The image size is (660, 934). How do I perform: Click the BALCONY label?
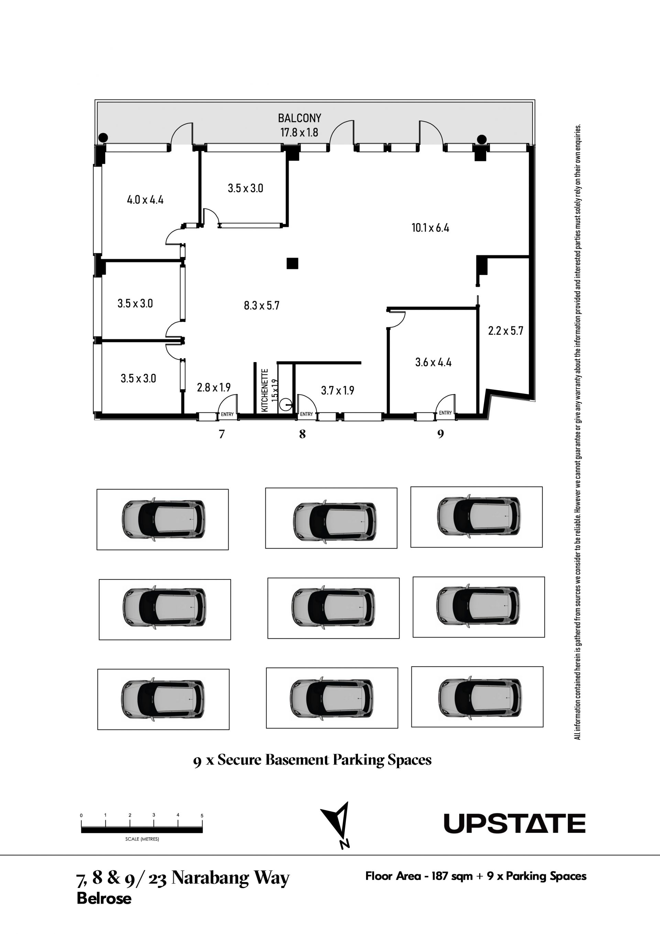click(299, 118)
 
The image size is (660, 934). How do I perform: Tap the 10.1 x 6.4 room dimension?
click(430, 228)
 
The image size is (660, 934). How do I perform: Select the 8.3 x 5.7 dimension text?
click(262, 305)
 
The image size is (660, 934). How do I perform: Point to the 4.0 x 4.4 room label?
click(145, 200)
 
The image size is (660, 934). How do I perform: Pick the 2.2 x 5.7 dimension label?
click(505, 331)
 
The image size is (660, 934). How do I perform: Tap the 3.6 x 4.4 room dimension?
click(433, 362)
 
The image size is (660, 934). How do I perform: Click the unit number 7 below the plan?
click(222, 434)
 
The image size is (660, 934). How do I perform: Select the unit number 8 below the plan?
click(302, 434)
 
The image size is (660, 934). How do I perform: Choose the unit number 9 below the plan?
click(440, 434)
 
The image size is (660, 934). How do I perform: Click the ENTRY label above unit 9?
click(445, 413)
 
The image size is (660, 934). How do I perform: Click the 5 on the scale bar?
click(202, 816)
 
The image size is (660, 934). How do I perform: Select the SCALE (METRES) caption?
click(142, 839)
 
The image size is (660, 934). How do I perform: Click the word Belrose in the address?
click(104, 898)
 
